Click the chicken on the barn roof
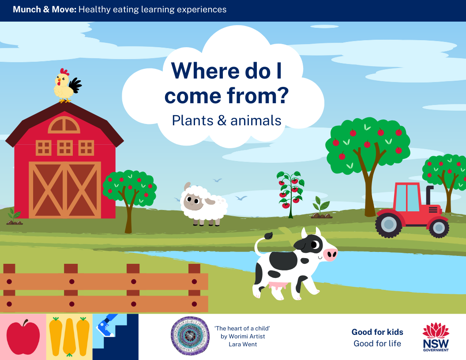point(66,86)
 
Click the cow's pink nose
point(330,255)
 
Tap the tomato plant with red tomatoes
point(290,194)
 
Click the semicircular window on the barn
point(64,125)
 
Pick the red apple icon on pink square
point(23,337)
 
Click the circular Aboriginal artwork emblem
point(190,336)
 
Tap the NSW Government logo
point(436,337)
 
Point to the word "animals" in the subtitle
point(256,120)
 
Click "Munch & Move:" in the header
point(45,10)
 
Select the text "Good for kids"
point(377,332)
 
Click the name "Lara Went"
point(243,344)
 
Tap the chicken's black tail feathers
point(75,85)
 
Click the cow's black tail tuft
point(269,236)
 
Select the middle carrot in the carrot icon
point(69,337)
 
